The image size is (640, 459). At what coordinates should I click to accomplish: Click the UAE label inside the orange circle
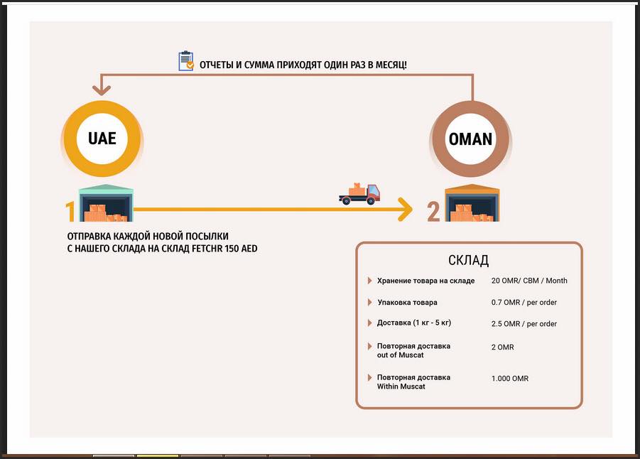click(x=102, y=139)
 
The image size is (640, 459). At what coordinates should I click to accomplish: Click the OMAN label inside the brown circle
click(x=471, y=139)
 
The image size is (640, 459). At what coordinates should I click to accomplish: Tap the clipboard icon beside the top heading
click(x=186, y=61)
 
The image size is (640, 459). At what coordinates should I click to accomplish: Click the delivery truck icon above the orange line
click(x=359, y=194)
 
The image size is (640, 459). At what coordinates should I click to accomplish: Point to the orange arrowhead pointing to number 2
click(x=406, y=210)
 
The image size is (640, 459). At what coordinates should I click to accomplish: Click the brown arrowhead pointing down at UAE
click(x=102, y=90)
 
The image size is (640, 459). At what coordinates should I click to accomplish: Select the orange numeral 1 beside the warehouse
click(x=70, y=212)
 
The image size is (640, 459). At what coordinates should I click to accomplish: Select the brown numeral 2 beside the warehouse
click(x=433, y=212)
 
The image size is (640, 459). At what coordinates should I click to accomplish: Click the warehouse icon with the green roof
click(x=106, y=203)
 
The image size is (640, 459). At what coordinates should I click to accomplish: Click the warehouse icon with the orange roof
click(x=472, y=203)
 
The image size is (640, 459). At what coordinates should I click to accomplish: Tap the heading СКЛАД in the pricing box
click(x=469, y=260)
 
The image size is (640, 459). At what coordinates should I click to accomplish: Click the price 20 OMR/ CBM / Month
click(x=529, y=281)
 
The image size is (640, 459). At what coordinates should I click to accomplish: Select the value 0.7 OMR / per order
click(x=524, y=303)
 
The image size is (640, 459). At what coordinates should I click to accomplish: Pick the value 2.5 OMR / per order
click(x=524, y=324)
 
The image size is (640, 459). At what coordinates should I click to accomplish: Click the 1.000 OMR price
click(x=510, y=379)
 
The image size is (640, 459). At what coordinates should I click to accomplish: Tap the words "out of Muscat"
click(x=401, y=355)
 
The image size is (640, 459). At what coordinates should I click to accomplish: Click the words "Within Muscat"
click(x=401, y=387)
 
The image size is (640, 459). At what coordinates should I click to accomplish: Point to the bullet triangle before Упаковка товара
click(x=370, y=302)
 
